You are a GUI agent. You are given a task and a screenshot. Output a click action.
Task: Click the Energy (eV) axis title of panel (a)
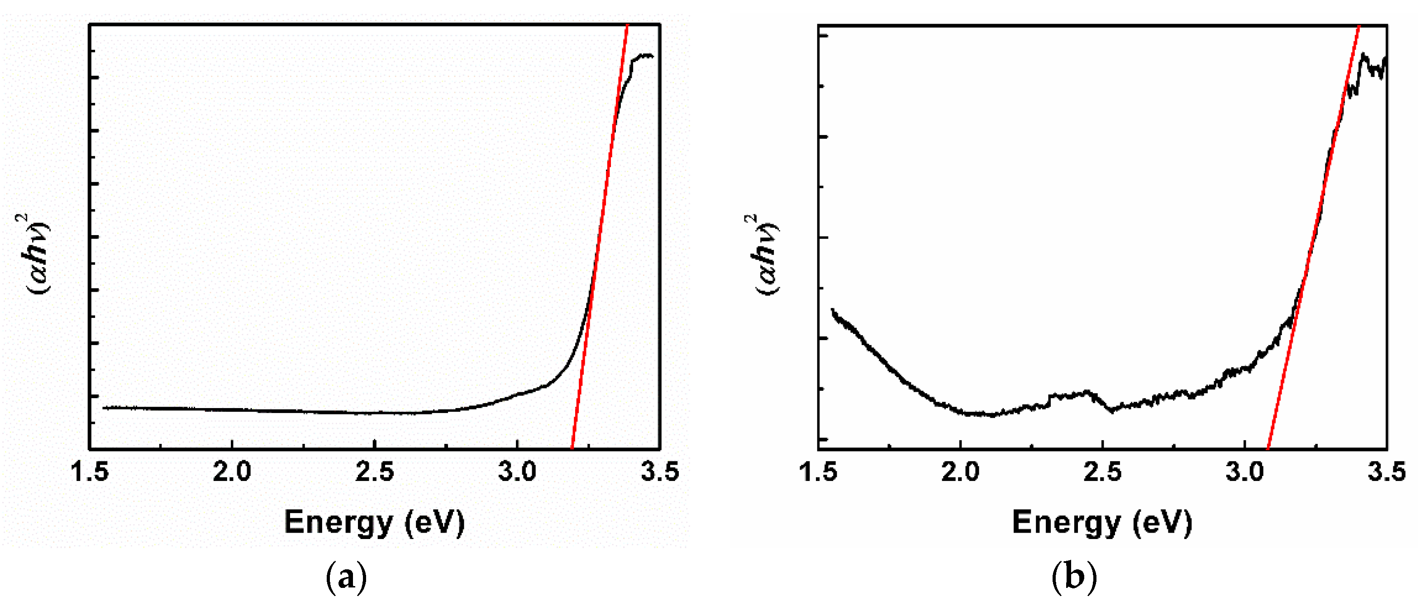click(x=375, y=522)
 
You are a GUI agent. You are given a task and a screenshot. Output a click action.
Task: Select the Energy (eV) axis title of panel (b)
click(x=1102, y=522)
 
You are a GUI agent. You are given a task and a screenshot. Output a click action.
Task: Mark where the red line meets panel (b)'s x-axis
click(x=1268, y=448)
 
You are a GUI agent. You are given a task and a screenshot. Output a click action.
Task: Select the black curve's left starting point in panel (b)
click(x=832, y=310)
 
